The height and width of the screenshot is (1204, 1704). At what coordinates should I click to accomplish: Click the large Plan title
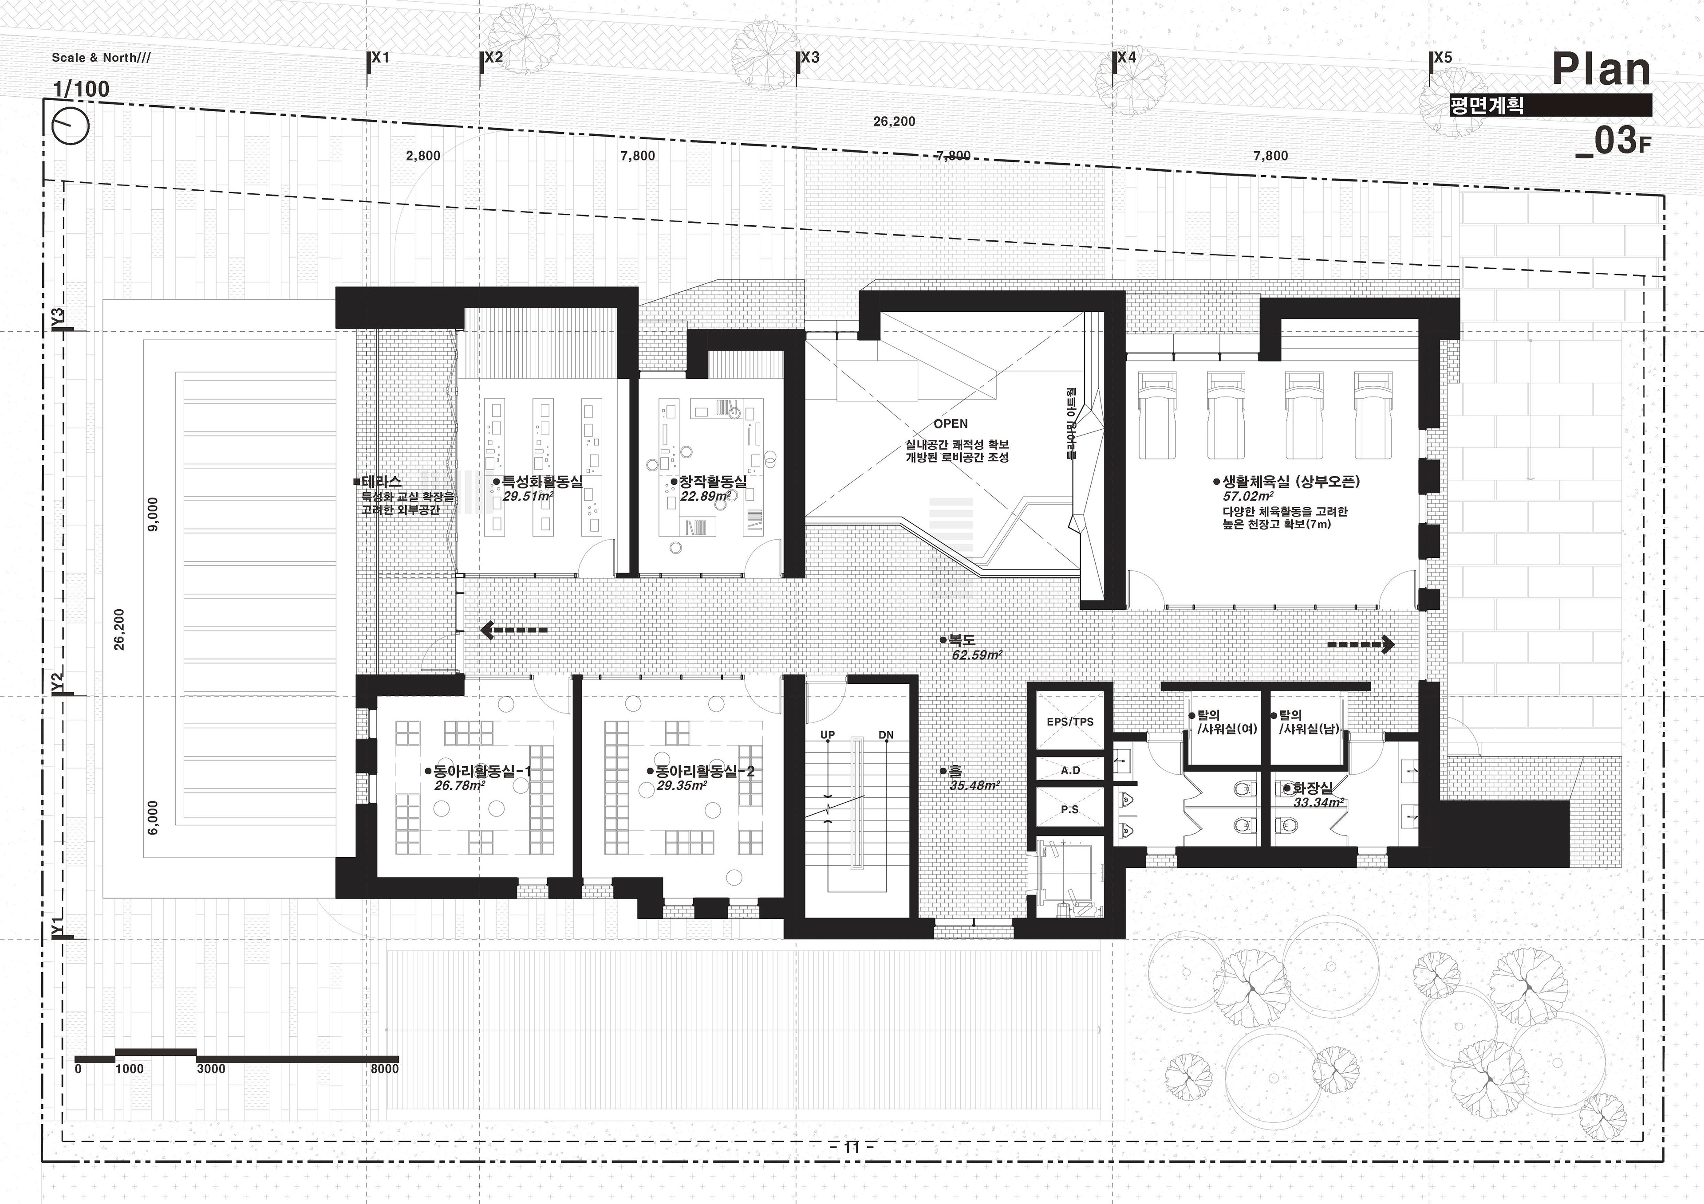[x=1601, y=70]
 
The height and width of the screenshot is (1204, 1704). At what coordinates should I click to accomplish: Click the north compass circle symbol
[x=72, y=125]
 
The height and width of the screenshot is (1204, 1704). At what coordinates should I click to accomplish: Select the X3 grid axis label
[x=810, y=57]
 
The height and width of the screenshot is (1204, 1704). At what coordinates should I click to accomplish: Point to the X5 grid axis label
[x=1443, y=57]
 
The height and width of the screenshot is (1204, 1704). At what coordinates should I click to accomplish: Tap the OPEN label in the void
[x=951, y=424]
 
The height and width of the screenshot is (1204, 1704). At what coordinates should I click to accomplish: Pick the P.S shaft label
[x=1069, y=809]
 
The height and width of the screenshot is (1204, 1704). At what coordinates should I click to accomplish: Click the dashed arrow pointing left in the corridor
[x=513, y=631]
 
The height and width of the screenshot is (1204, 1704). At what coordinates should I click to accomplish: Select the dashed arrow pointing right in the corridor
[x=1361, y=645]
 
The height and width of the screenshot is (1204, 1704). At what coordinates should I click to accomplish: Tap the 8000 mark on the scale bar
[x=384, y=1069]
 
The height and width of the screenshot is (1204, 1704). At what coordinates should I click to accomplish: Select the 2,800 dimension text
[x=423, y=156]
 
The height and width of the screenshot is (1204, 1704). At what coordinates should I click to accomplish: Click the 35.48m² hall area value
[x=974, y=785]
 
